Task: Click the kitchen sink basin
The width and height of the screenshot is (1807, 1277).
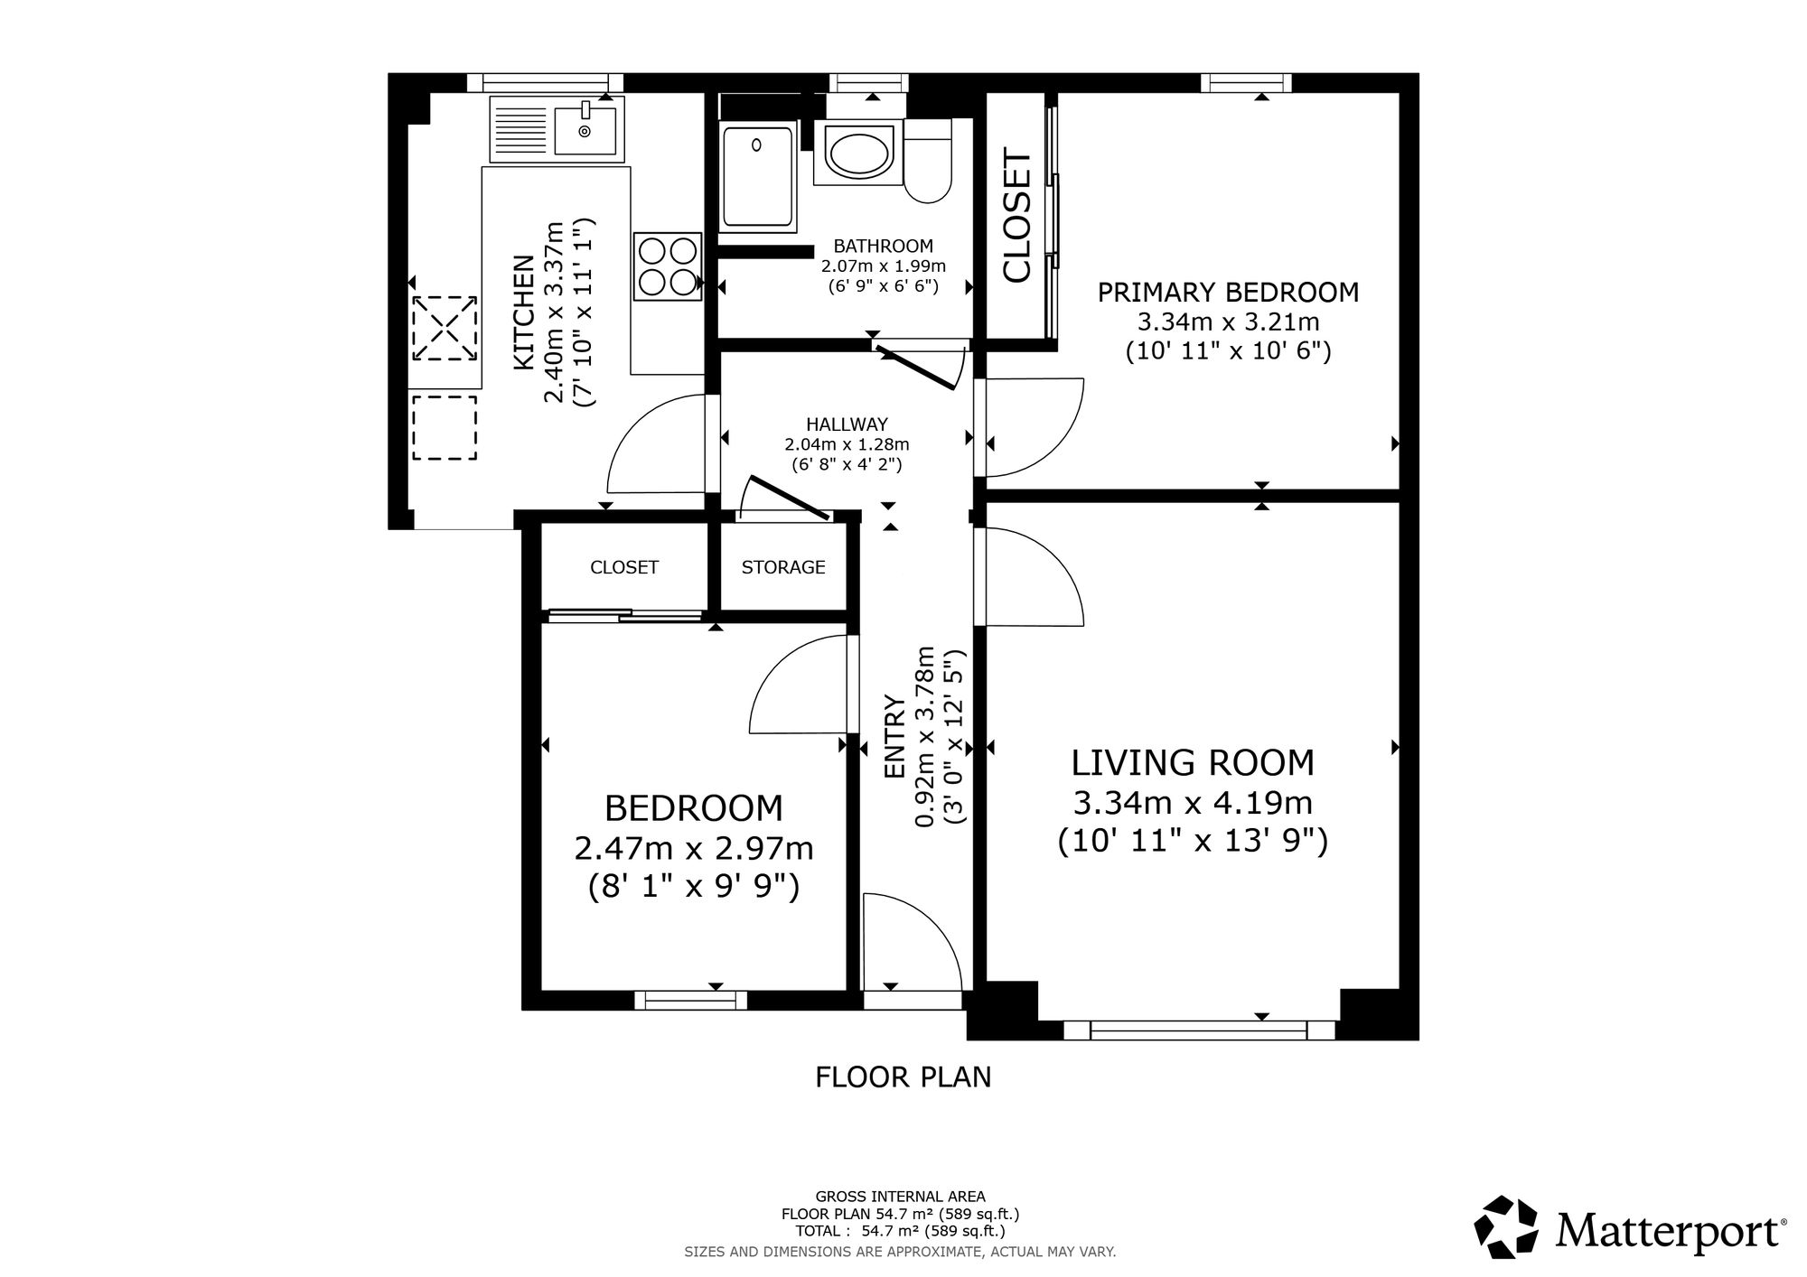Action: (585, 130)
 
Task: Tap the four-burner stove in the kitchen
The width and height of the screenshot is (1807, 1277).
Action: (669, 266)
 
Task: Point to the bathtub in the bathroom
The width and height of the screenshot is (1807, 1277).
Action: (758, 178)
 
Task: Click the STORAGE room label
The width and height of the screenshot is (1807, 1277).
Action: (783, 567)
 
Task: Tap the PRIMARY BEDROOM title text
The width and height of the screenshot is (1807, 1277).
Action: (1228, 293)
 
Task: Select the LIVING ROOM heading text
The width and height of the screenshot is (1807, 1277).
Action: (1193, 763)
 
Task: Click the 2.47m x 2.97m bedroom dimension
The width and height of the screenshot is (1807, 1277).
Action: (694, 849)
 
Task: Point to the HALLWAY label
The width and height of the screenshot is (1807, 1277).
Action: (847, 424)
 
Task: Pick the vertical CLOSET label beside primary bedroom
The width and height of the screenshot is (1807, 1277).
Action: (1017, 217)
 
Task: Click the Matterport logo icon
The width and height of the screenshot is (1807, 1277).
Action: (1506, 1227)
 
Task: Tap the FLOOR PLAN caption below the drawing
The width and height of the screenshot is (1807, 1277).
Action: (903, 1077)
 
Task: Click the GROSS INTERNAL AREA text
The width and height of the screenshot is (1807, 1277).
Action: (900, 1197)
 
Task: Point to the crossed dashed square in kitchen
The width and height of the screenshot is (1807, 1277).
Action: (445, 328)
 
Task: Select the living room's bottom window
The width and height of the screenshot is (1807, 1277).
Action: (1199, 1030)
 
